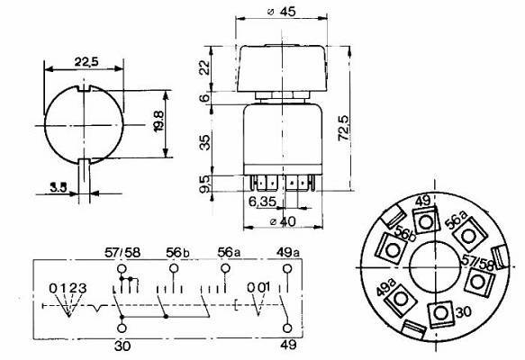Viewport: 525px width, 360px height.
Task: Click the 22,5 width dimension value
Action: coord(86,62)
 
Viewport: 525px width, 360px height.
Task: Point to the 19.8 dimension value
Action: coord(158,121)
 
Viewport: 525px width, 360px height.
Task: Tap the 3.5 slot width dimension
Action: coord(59,187)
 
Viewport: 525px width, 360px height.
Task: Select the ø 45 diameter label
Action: coord(282,12)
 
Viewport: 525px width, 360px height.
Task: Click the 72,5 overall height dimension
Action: coord(343,128)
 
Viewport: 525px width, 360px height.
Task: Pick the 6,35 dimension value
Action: coord(263,202)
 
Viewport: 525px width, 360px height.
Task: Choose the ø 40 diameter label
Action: coord(283,221)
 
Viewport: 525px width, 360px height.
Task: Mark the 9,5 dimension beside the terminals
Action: coord(204,184)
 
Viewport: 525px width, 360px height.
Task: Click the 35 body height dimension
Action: coord(204,142)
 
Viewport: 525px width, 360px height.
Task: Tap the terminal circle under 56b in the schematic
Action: coord(174,268)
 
